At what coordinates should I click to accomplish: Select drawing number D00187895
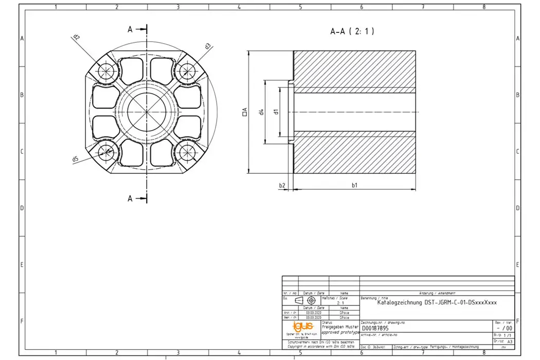point(375,329)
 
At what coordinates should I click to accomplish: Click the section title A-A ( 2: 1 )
point(352,31)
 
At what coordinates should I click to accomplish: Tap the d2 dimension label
point(76,38)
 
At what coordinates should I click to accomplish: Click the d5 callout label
point(75,159)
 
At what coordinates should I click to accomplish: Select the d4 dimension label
point(262,112)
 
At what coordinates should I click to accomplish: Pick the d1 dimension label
point(276,112)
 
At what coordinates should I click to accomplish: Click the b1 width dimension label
point(354,185)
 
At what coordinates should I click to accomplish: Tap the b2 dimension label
point(282,185)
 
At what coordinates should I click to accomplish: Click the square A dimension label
point(245,112)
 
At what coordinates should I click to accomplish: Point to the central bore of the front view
point(147,111)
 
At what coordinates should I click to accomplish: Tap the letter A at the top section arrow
point(130,29)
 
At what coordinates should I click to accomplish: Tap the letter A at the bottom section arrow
point(130,198)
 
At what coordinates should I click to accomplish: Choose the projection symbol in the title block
point(305,300)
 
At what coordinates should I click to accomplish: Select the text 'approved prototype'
point(340,333)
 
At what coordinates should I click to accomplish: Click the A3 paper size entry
point(510,341)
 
